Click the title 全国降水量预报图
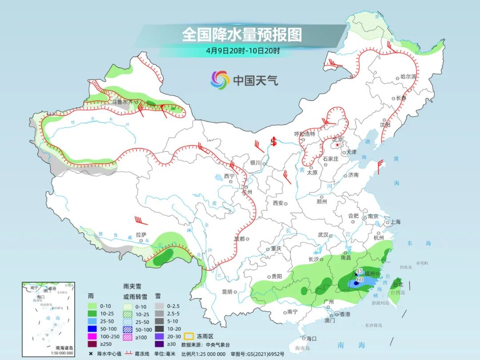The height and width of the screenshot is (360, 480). coord(242,35)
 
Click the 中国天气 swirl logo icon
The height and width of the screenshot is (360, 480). coord(220,80)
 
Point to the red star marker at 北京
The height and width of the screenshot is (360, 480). coord(337,145)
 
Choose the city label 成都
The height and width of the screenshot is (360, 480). coord(239,239)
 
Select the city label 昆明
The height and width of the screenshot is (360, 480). coord(227,292)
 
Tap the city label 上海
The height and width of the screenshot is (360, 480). coord(395,222)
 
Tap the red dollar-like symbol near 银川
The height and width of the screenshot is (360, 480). coord(274,142)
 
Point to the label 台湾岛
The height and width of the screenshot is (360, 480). coord(398,292)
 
